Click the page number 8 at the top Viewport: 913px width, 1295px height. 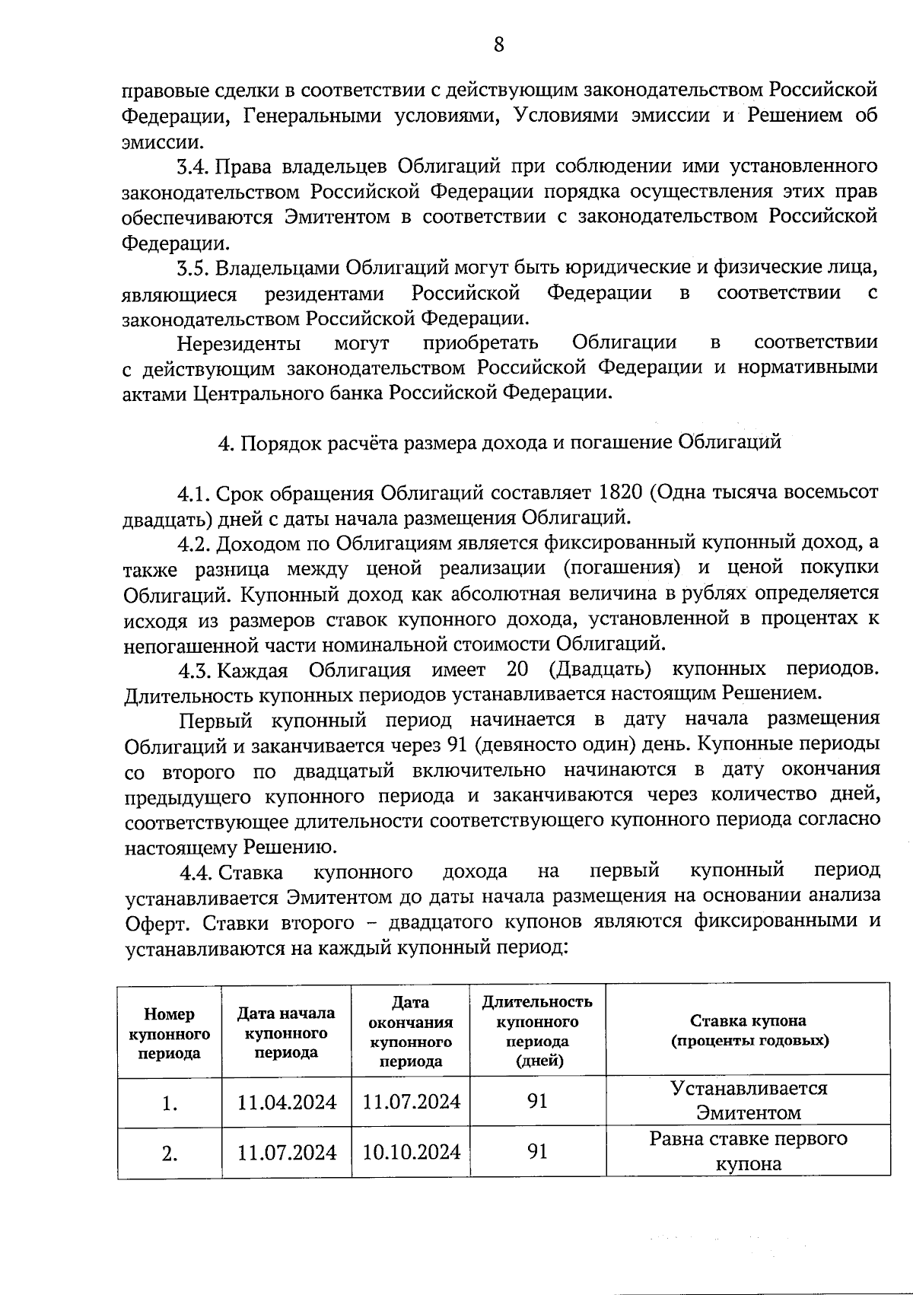tap(498, 45)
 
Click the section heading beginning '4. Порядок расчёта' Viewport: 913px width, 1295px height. tap(499, 443)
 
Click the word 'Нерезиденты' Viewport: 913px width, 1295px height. tap(238, 344)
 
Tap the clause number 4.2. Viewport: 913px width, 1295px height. tap(193, 543)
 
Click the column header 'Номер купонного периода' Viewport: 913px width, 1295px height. tap(169, 1034)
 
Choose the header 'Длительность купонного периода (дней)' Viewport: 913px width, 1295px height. tap(537, 1031)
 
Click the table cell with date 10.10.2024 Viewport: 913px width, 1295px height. tap(411, 1152)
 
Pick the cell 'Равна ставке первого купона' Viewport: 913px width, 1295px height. tap(749, 1151)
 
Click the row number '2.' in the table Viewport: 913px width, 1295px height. tap(170, 1154)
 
